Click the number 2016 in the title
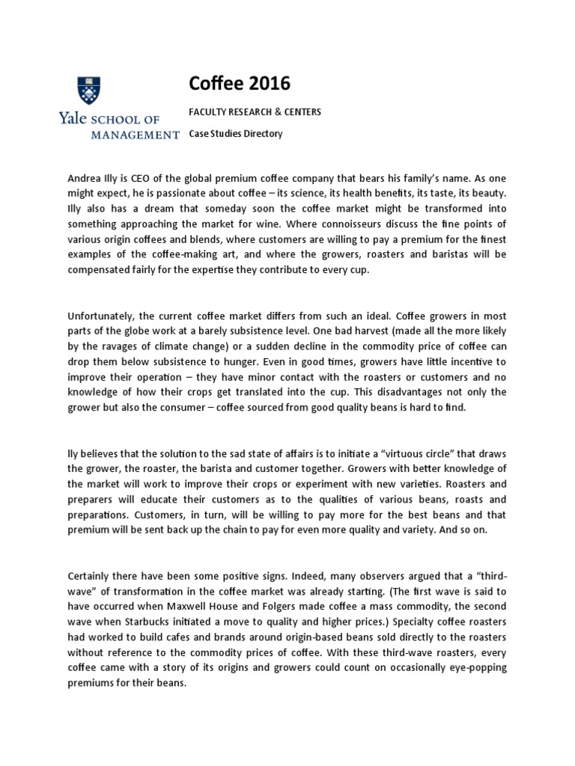[x=267, y=83]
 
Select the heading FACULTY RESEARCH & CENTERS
[x=255, y=112]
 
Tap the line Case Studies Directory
[x=235, y=134]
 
